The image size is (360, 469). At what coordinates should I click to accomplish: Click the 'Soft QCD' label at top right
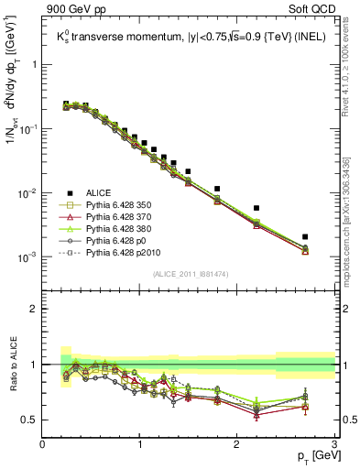point(311,10)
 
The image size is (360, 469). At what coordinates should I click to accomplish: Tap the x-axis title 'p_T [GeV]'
point(311,455)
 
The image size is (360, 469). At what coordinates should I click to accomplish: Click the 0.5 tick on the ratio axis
point(31,420)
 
